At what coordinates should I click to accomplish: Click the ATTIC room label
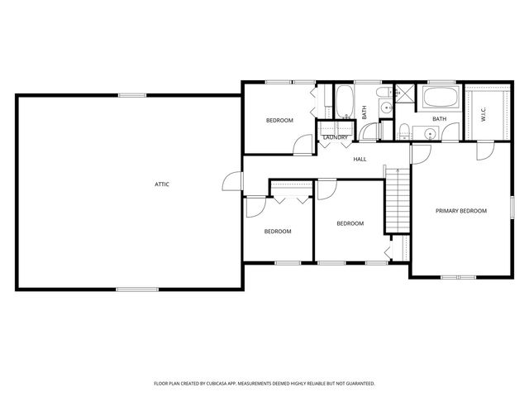(x=162, y=184)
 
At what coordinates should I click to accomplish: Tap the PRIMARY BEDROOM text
(x=461, y=211)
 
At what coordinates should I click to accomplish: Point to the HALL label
(x=360, y=159)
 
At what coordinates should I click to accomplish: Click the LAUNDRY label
(x=335, y=137)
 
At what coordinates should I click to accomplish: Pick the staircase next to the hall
(x=398, y=198)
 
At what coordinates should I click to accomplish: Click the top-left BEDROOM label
(x=279, y=121)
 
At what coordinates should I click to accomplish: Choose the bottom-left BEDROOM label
(x=278, y=232)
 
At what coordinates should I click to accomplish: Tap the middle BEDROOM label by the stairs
(x=350, y=223)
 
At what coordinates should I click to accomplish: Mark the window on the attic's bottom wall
(x=131, y=289)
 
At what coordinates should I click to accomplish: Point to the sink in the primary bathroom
(x=429, y=133)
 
